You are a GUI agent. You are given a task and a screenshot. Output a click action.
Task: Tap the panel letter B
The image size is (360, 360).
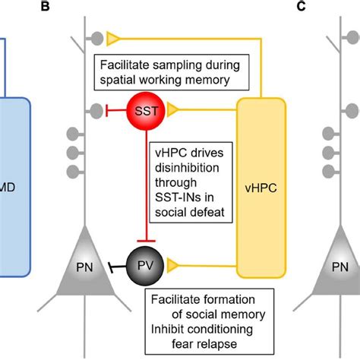point(46,7)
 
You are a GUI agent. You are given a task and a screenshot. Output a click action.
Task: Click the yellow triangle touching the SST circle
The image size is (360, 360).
point(173,111)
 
